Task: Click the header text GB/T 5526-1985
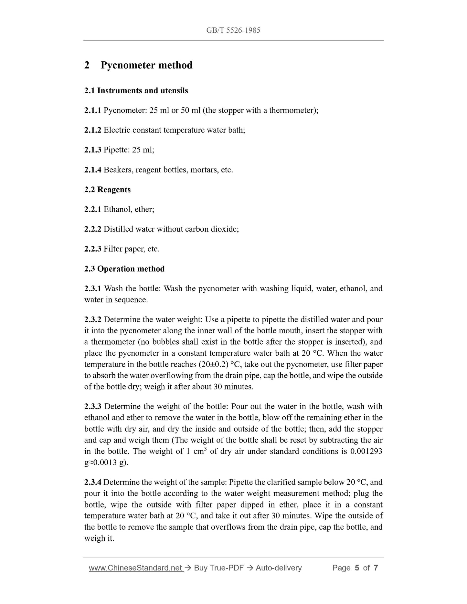[x=233, y=30]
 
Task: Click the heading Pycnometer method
[x=146, y=65]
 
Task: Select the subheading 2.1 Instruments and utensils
[x=136, y=91]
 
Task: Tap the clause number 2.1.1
[x=92, y=110]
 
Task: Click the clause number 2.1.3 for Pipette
[x=92, y=150]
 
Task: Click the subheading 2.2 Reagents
[x=107, y=190]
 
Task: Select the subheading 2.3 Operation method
[x=124, y=269]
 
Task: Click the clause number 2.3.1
[x=93, y=288]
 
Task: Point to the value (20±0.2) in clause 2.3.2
[x=212, y=364]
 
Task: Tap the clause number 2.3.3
[x=93, y=406]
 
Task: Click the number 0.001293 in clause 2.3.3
[x=366, y=451]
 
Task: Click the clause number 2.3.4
[x=93, y=482]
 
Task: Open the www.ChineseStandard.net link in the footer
[x=136, y=568]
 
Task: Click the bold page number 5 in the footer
[x=357, y=568]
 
